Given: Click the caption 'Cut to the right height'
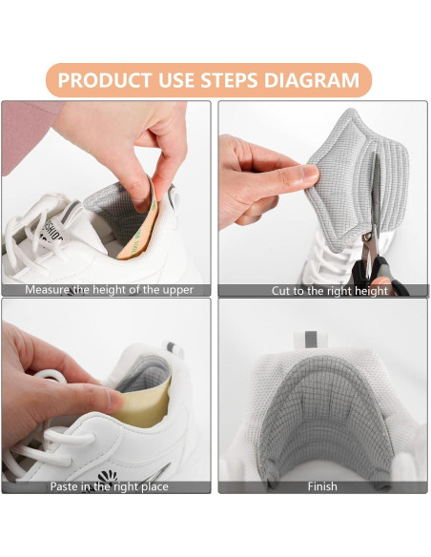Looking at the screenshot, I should pyautogui.click(x=330, y=290).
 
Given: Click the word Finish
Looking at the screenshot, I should pyautogui.click(x=322, y=486).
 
